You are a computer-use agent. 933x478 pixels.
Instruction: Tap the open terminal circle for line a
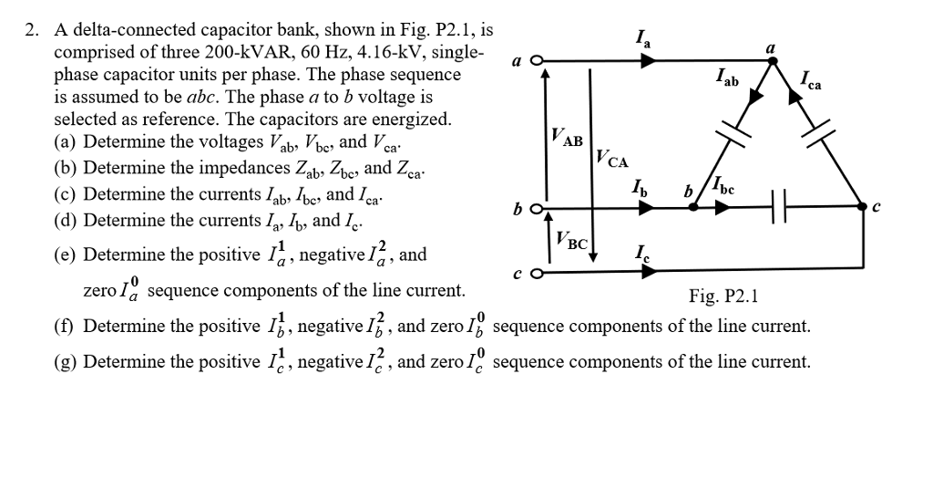537,62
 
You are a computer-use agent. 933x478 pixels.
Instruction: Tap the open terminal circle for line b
537,208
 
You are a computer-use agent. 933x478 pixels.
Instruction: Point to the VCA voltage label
611,161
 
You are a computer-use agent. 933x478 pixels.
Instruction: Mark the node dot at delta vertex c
865,208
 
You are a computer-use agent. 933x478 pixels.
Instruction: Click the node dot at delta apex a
774,62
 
